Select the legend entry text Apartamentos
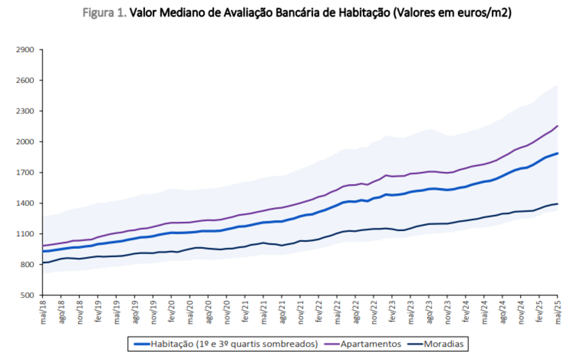[x=371, y=344]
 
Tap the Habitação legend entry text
[x=233, y=344]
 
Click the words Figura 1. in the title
[x=105, y=13]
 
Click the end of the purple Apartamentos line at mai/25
[x=557, y=126]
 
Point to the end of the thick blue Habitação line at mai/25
[x=557, y=153]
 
